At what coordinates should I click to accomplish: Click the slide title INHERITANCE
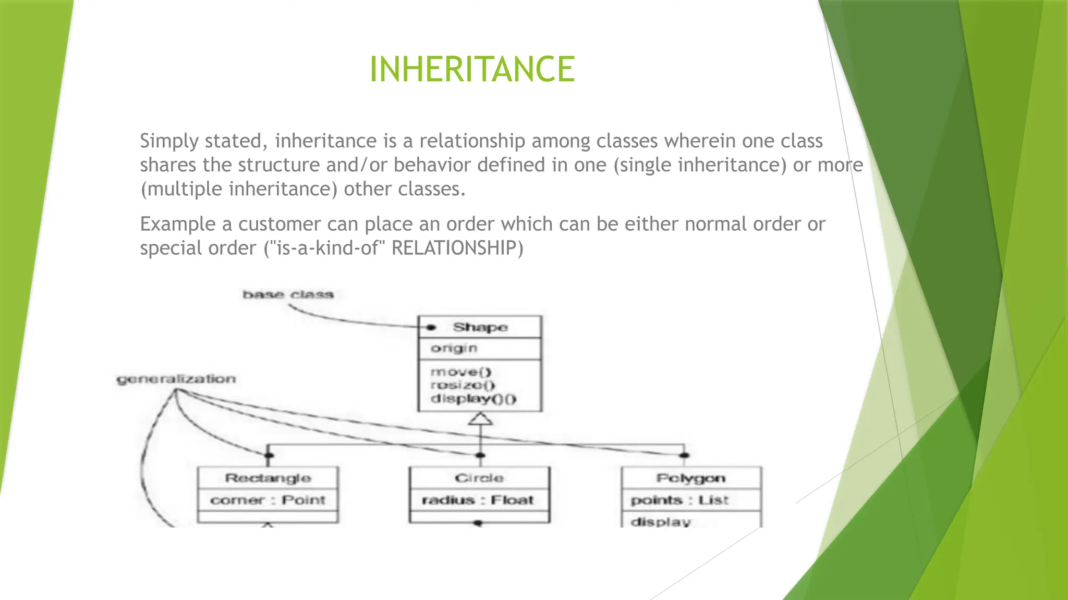coord(472,69)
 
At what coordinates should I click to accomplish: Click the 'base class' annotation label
coord(288,295)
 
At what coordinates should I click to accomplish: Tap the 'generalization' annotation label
coord(176,379)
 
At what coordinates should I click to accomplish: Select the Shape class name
coord(480,327)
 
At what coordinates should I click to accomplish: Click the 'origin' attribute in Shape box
coord(454,348)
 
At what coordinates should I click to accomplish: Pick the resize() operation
coord(463,385)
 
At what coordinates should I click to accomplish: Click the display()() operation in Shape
coord(473,399)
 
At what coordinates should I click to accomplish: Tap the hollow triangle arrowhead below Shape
coord(480,419)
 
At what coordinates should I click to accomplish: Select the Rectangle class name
coord(268,478)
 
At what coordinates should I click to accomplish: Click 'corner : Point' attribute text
coord(268,500)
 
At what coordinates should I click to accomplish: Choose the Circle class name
coord(479,478)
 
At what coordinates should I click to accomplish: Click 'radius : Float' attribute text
coord(478,500)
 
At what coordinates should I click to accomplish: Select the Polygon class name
coord(690,478)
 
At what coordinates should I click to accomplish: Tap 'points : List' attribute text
coord(679,500)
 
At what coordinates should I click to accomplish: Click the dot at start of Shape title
coord(431,328)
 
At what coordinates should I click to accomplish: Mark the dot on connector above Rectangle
coord(269,456)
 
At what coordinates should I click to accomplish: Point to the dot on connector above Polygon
coord(685,456)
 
